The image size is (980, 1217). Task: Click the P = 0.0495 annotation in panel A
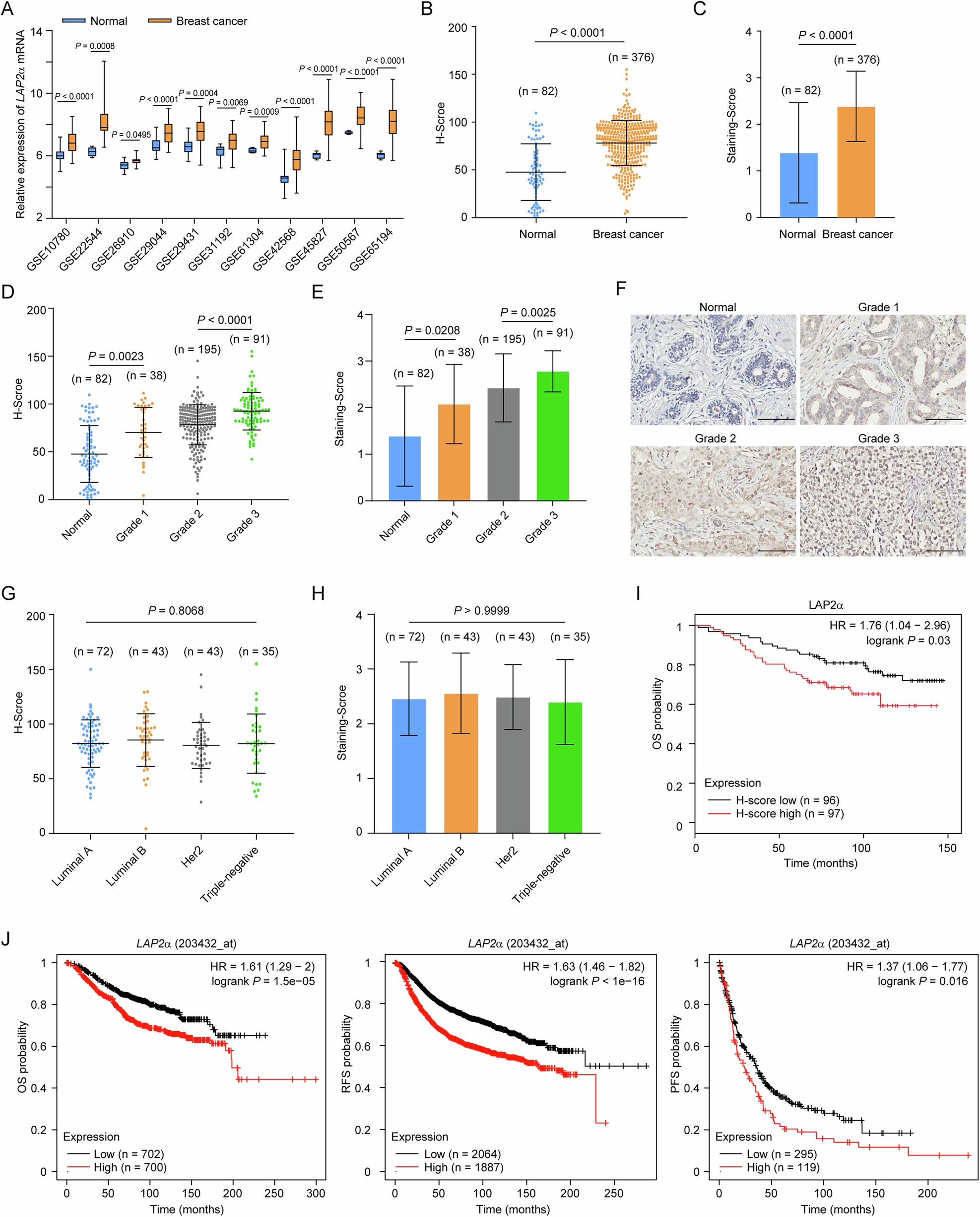131,135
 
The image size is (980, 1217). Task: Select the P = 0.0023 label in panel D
116,357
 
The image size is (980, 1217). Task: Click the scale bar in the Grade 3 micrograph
944,551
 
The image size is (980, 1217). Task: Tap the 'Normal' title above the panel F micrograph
718,307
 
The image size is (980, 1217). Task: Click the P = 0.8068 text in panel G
176,610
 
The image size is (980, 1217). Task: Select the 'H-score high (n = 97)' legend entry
789,814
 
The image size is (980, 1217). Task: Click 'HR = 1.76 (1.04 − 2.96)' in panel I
889,625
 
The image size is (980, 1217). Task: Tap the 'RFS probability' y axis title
347,1054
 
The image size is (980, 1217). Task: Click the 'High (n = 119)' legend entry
783,1167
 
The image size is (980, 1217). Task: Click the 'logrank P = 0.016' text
922,981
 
